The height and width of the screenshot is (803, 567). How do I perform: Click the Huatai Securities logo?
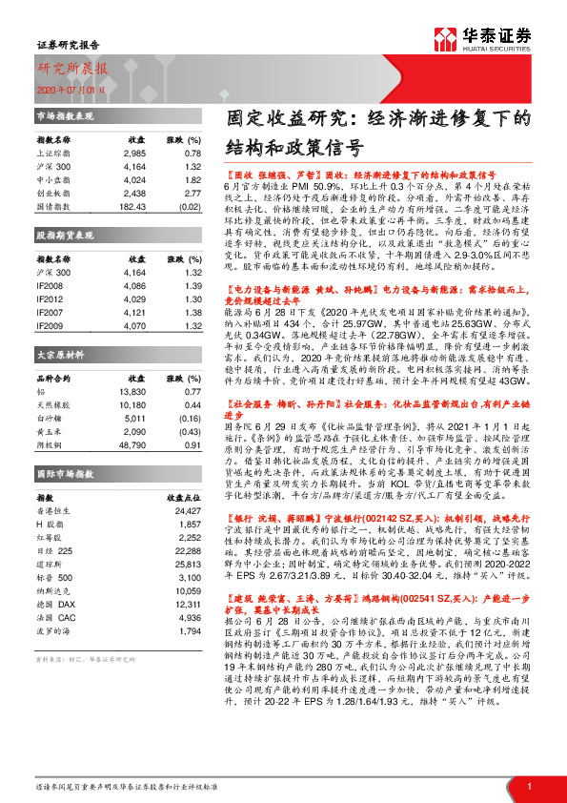click(482, 38)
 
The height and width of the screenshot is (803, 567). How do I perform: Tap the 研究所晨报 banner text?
click(72, 68)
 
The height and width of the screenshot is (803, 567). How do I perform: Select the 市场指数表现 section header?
click(64, 115)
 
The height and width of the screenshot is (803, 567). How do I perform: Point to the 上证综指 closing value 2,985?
click(133, 153)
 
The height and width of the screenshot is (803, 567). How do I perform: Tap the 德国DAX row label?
click(50, 590)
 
